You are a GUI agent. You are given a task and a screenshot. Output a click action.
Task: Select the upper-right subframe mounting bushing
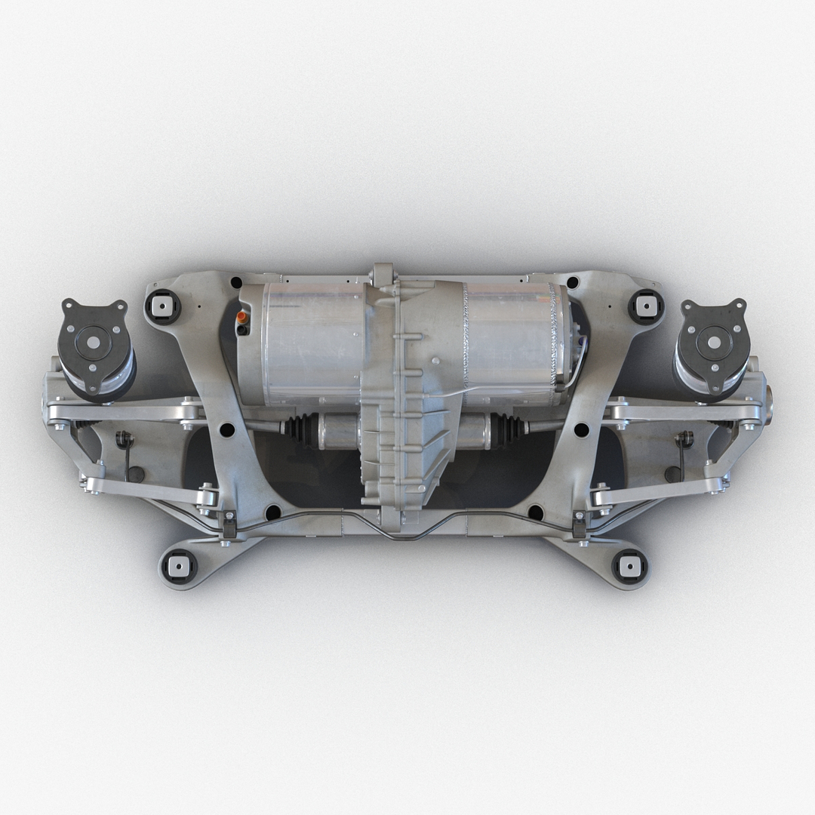tap(646, 306)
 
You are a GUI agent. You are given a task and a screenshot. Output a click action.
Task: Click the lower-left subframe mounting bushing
tap(178, 566)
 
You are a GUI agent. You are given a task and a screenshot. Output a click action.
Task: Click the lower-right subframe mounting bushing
tap(629, 565)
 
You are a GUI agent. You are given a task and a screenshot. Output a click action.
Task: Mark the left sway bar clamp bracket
tap(229, 524)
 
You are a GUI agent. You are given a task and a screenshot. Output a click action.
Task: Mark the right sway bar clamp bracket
tap(580, 524)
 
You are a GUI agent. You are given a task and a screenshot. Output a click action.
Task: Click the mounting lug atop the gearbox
tap(383, 274)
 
